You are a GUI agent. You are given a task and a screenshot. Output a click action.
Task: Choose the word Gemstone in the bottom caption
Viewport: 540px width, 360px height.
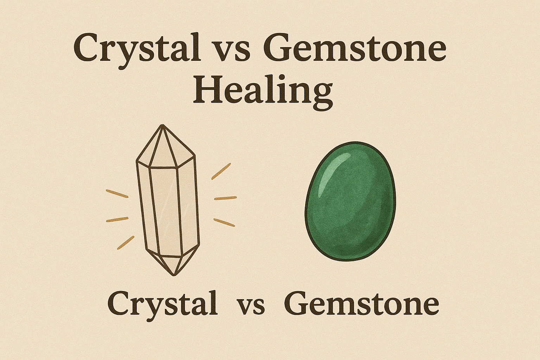361,303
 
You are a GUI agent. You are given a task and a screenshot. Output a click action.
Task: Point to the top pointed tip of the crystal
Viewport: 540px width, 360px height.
162,126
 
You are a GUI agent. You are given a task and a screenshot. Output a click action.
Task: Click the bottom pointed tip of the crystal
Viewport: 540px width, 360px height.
174,275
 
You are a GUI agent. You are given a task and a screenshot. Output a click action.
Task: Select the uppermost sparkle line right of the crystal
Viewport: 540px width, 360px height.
221,171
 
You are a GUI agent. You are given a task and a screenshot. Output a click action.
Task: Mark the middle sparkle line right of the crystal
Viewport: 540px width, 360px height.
225,198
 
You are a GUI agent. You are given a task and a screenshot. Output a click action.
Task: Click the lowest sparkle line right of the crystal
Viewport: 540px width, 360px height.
224,223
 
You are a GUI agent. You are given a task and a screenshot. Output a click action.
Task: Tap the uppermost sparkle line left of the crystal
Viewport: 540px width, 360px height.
117,194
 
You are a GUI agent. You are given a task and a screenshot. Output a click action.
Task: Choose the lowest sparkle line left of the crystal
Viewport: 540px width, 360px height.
126,242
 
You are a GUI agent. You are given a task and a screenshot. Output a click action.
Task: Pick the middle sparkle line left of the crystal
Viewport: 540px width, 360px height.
117,219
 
